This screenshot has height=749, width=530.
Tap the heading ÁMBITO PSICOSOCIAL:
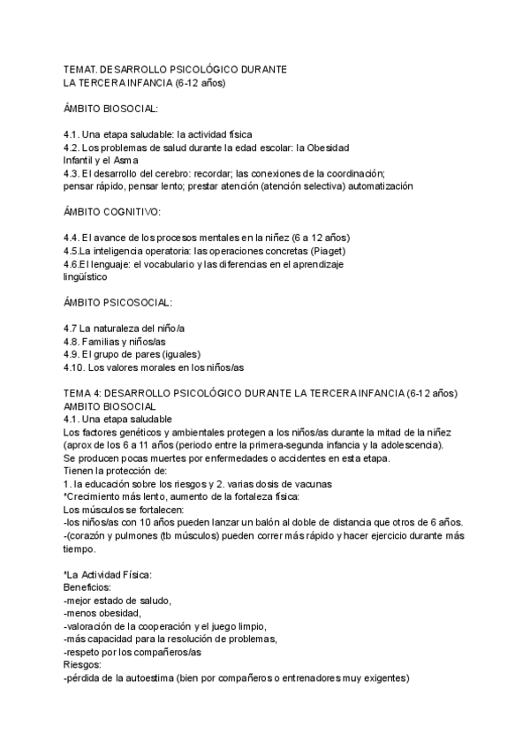[x=118, y=302]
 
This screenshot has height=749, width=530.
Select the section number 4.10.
[x=77, y=367]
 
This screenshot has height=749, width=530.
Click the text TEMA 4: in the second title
[x=82, y=392]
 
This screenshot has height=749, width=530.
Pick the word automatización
[x=377, y=186]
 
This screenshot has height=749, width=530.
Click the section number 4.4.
[x=72, y=238]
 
